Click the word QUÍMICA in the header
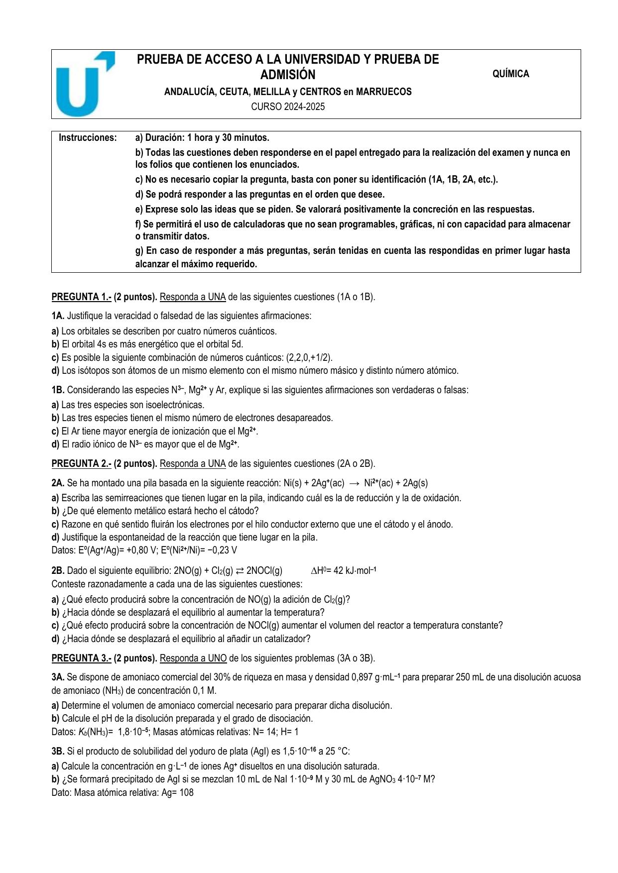coord(510,74)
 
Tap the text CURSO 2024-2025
coord(288,107)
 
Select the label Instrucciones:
coord(88,138)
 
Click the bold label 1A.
coord(58,316)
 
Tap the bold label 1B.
coord(58,390)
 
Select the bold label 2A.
coord(58,483)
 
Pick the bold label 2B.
coord(58,571)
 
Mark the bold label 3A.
coord(58,677)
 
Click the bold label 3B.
coord(58,752)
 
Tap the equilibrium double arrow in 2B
coord(240,571)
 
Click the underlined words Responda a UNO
coord(193,658)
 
